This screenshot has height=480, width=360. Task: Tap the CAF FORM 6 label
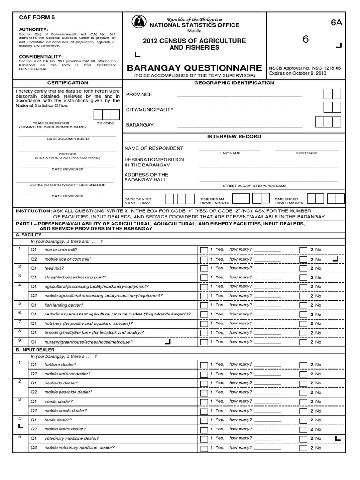[37, 17]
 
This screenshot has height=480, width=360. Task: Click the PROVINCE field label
[139, 94]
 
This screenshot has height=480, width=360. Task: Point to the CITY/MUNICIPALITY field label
[150, 110]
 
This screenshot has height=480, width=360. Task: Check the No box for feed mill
[303, 268]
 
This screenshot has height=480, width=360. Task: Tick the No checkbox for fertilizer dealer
[303, 364]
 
